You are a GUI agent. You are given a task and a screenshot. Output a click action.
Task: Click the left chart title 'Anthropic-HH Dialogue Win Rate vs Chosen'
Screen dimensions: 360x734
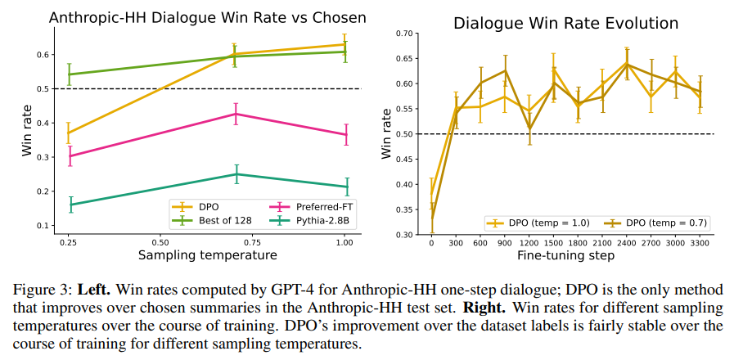208,17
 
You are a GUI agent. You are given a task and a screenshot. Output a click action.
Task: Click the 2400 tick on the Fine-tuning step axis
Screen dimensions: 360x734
627,243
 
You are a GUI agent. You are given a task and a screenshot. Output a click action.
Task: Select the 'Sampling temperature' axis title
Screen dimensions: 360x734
208,256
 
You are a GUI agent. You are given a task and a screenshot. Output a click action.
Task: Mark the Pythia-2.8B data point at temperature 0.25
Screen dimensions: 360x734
70,205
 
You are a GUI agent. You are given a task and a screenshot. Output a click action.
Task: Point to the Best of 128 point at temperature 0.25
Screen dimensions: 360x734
70,74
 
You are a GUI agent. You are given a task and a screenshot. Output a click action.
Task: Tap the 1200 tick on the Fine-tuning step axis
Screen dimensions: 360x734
529,243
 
